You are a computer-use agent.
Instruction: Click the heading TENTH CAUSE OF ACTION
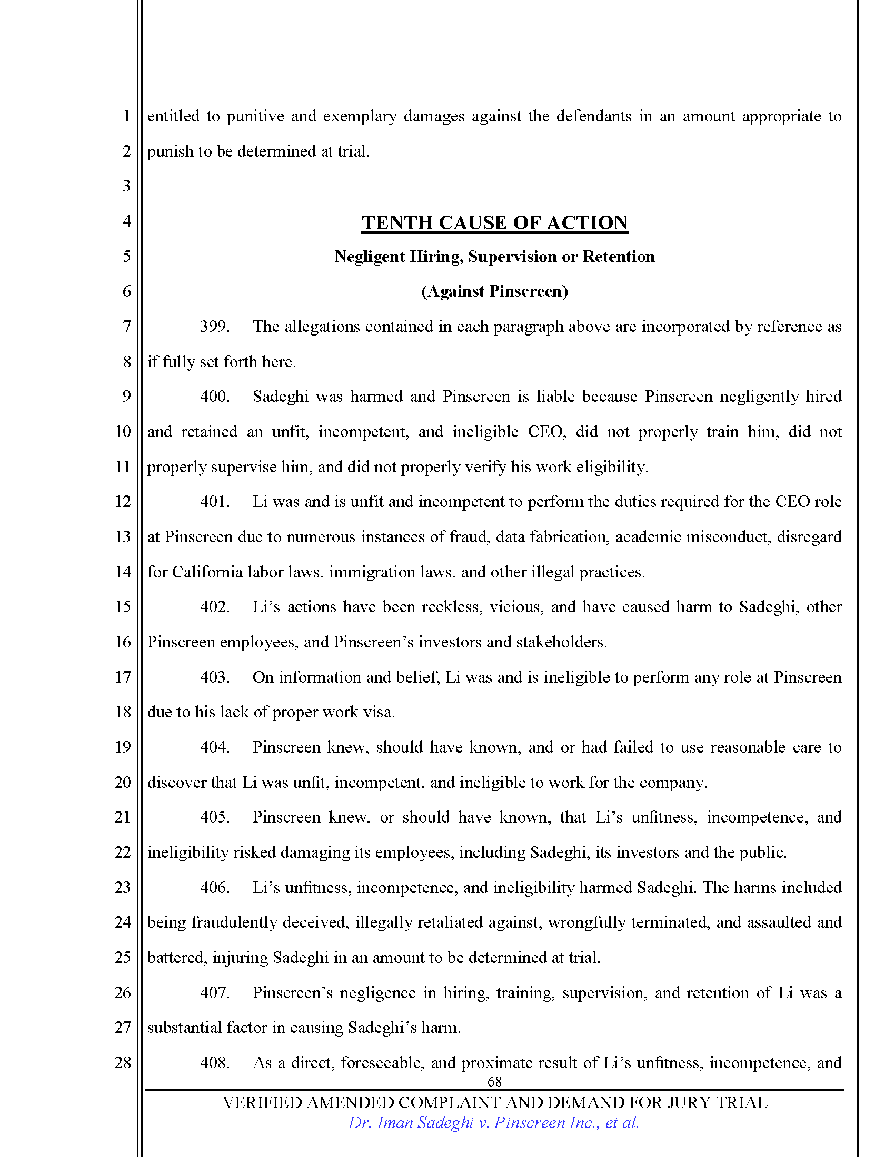[x=494, y=222]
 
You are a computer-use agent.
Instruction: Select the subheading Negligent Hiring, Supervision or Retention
[x=494, y=257]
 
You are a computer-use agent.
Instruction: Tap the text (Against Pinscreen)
[x=494, y=291]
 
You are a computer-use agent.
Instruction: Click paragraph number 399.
[x=214, y=327]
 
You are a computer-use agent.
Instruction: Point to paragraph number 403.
[x=214, y=677]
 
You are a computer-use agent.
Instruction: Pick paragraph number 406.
[x=214, y=887]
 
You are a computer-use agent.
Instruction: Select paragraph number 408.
[x=214, y=1063]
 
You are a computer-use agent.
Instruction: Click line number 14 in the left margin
[x=123, y=572]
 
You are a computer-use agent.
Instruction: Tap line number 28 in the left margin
[x=123, y=1062]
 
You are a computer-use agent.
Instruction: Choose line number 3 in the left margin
[x=126, y=186]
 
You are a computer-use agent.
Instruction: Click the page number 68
[x=494, y=1081]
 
